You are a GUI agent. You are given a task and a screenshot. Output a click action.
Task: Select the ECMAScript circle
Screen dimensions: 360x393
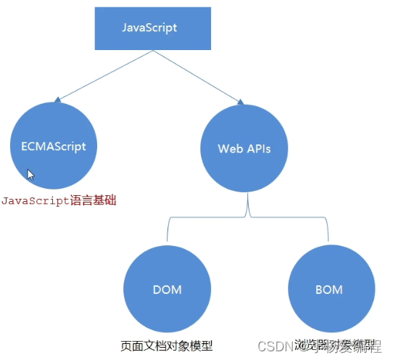[x=49, y=146]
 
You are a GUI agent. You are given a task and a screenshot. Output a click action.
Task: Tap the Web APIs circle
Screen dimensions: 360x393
[x=244, y=148]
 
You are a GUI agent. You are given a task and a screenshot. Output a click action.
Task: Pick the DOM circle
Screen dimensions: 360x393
[x=167, y=290]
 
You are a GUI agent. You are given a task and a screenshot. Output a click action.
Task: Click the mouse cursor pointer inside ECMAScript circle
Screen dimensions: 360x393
[x=31, y=175]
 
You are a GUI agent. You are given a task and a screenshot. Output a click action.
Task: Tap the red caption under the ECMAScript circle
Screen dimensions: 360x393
[x=58, y=200]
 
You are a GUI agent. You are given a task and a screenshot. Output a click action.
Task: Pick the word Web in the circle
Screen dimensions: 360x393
[x=228, y=148]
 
